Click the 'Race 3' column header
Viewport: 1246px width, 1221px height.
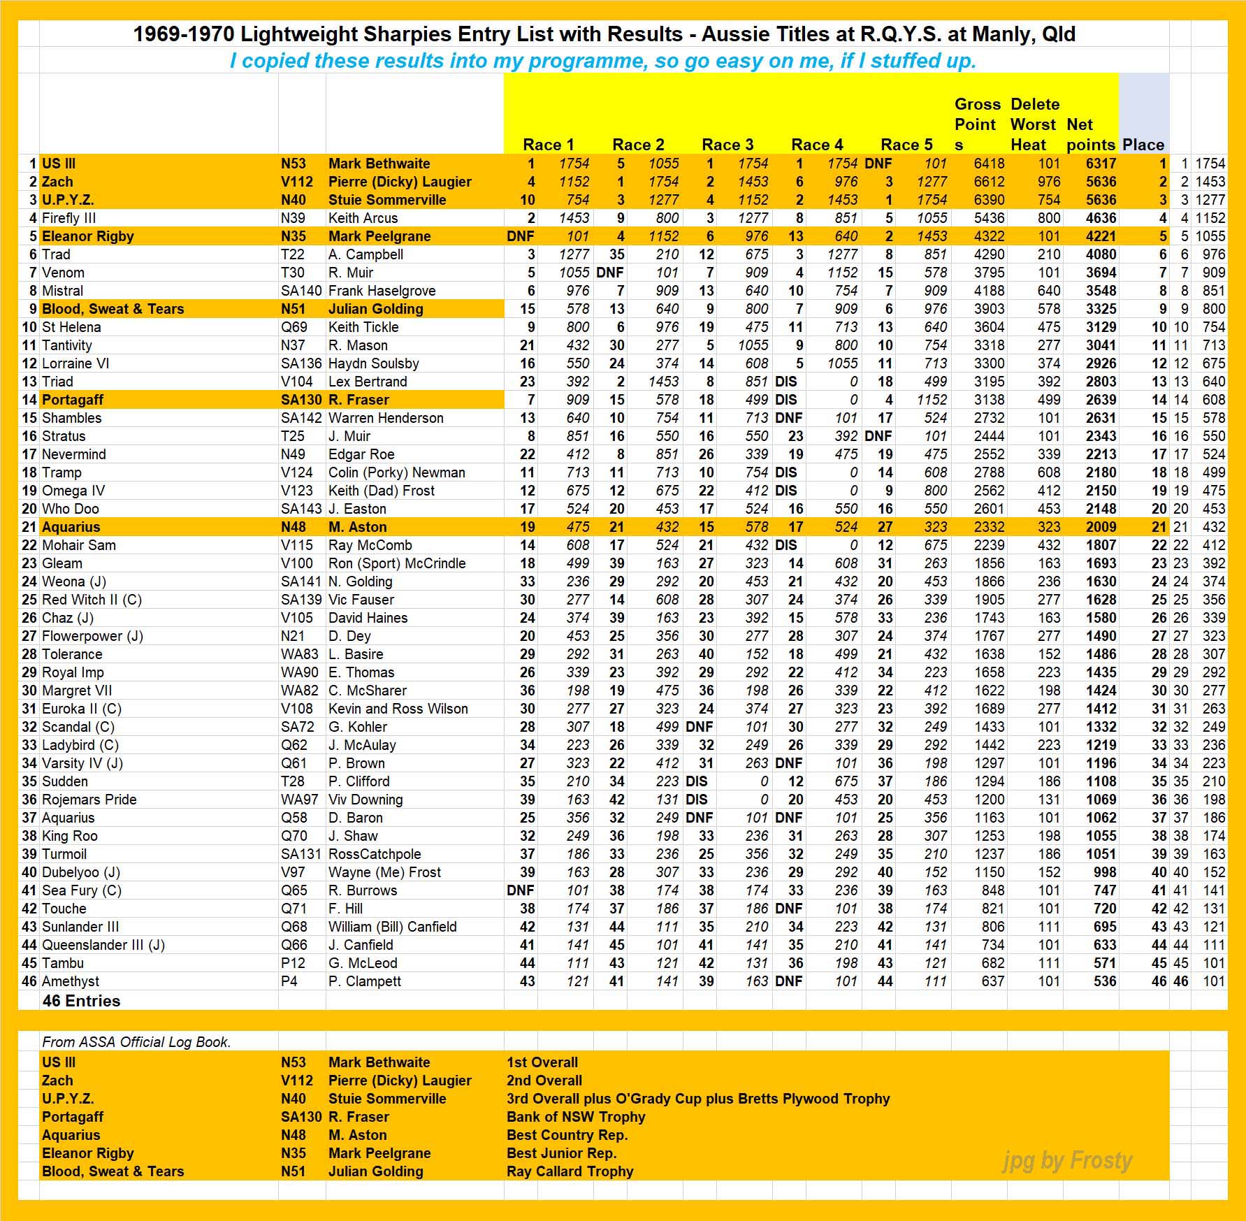(727, 145)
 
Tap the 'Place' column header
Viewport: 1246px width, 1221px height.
(1143, 145)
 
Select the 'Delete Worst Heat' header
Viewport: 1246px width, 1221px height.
(1034, 124)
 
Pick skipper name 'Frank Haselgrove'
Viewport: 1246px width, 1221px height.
(382, 291)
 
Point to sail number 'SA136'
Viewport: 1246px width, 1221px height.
(301, 363)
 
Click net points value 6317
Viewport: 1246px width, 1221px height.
(1101, 164)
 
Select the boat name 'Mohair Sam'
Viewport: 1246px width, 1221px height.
(79, 545)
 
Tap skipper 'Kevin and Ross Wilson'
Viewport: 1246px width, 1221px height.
(398, 709)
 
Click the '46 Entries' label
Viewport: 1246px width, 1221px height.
(81, 1001)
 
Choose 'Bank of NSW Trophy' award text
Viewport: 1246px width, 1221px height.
(576, 1117)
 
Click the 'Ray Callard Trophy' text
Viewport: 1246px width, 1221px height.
(570, 1171)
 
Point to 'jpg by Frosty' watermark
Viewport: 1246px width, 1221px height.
(1067, 1161)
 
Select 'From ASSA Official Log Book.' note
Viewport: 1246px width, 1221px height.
(136, 1042)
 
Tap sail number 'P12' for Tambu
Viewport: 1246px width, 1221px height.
(293, 963)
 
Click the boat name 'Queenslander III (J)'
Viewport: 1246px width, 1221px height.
(103, 945)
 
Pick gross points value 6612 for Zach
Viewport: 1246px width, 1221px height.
(989, 182)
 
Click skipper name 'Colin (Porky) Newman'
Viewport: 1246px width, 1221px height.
(396, 472)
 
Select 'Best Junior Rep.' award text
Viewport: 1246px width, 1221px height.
(561, 1153)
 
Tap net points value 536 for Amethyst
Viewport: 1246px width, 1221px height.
(1104, 981)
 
